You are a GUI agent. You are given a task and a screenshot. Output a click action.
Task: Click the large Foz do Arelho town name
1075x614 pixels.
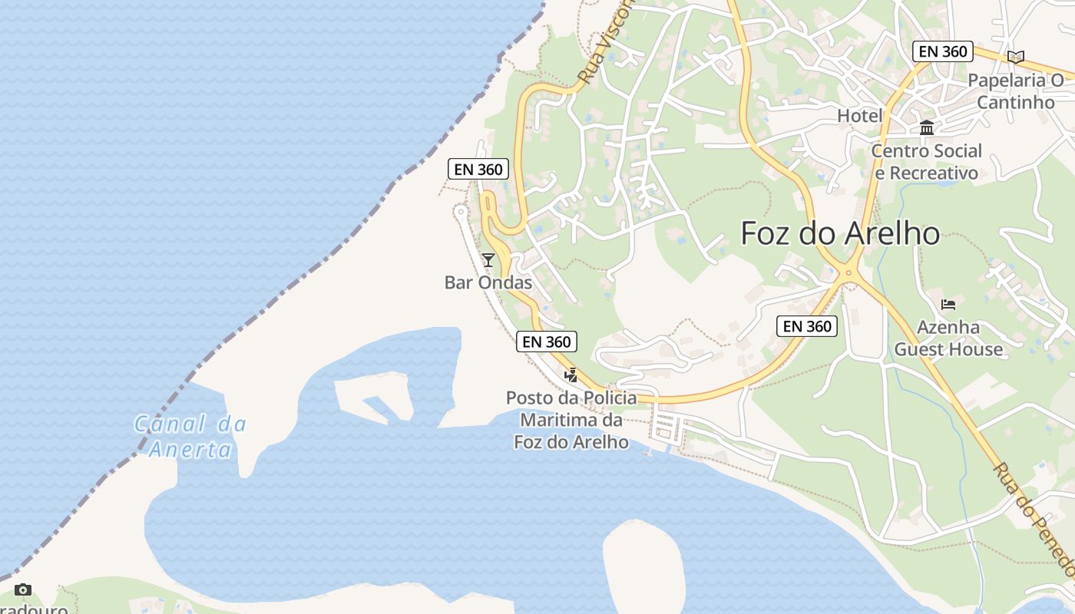(x=840, y=233)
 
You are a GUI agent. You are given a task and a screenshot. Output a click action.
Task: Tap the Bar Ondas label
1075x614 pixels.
(x=488, y=282)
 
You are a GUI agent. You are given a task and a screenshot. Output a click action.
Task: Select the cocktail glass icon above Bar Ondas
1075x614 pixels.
(x=488, y=260)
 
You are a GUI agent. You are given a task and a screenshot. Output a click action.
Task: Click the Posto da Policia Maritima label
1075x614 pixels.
(x=571, y=420)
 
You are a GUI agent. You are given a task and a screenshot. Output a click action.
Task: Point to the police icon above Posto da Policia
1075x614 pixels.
(x=571, y=375)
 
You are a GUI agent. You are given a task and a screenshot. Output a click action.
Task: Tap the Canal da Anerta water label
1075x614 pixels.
(x=190, y=436)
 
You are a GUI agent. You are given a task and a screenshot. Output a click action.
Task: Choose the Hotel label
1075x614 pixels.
(x=859, y=116)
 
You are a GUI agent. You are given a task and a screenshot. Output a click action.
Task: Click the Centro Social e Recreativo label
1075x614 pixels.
(x=926, y=162)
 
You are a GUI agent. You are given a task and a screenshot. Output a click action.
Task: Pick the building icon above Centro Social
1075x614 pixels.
(x=927, y=127)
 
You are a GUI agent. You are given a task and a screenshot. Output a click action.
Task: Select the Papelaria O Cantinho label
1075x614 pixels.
(x=1016, y=91)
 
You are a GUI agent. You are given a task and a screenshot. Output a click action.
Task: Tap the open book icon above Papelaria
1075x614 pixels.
(x=1016, y=57)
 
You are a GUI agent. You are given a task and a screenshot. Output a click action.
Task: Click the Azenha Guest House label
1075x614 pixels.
(x=948, y=338)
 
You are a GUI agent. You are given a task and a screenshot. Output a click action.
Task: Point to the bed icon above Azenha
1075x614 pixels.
(x=948, y=305)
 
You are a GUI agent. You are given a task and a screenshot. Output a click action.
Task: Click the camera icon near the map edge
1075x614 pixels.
(x=23, y=589)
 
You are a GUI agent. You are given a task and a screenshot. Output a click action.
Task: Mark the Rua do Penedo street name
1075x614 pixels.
(x=1034, y=518)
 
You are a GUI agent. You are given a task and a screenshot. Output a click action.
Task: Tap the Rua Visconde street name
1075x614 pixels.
(x=605, y=42)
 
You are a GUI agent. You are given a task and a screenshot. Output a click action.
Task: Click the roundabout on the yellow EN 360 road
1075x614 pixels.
(x=849, y=272)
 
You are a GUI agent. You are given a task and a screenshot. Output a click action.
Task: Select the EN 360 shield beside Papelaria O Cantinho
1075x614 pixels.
(x=943, y=51)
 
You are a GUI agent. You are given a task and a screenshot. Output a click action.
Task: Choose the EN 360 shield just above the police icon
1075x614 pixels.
(x=546, y=342)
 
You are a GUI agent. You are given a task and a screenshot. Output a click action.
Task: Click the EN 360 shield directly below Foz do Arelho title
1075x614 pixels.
(x=806, y=326)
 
